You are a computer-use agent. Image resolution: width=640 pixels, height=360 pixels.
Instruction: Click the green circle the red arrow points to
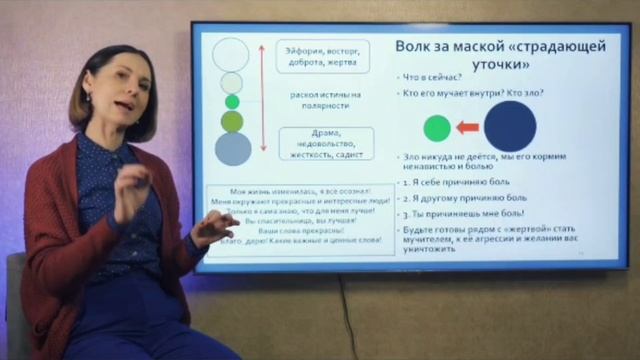tap(437, 127)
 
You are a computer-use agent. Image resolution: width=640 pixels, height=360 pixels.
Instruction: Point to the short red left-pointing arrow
tap(467, 127)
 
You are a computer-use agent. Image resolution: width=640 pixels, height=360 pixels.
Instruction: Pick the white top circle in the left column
tap(231, 53)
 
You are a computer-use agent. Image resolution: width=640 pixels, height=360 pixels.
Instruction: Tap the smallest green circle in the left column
tap(232, 101)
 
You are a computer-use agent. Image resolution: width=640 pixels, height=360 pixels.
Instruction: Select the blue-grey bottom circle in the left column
tap(233, 148)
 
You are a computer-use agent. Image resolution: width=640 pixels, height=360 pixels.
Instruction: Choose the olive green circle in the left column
tap(232, 121)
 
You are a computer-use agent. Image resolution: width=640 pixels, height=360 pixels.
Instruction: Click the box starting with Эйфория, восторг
tap(326, 55)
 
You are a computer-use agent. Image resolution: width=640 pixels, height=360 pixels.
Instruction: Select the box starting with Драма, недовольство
tap(327, 143)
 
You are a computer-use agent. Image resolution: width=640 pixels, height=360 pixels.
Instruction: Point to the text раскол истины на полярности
tap(326, 99)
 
